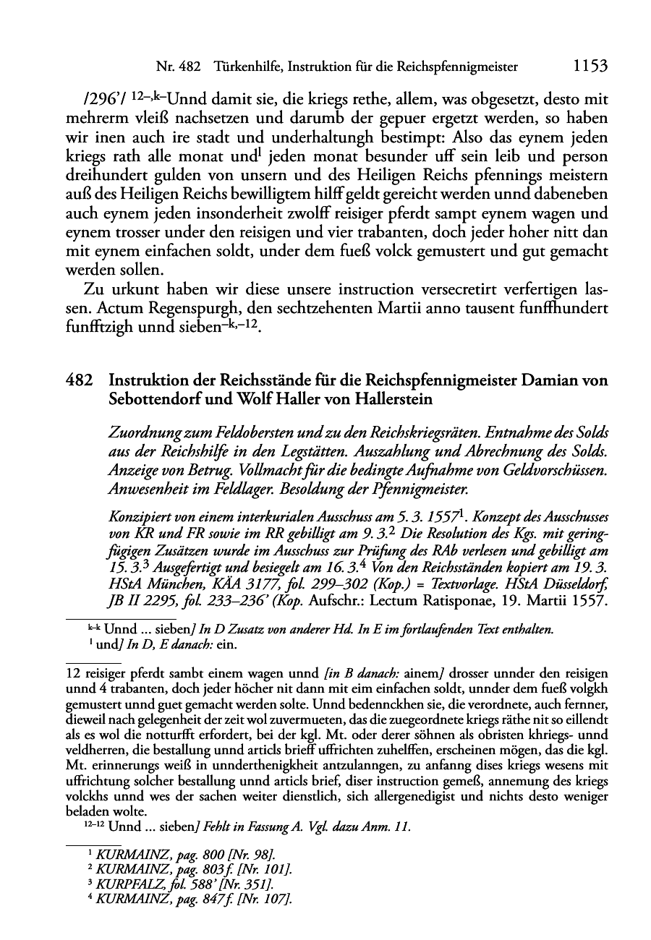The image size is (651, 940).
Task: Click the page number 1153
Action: (589, 67)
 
